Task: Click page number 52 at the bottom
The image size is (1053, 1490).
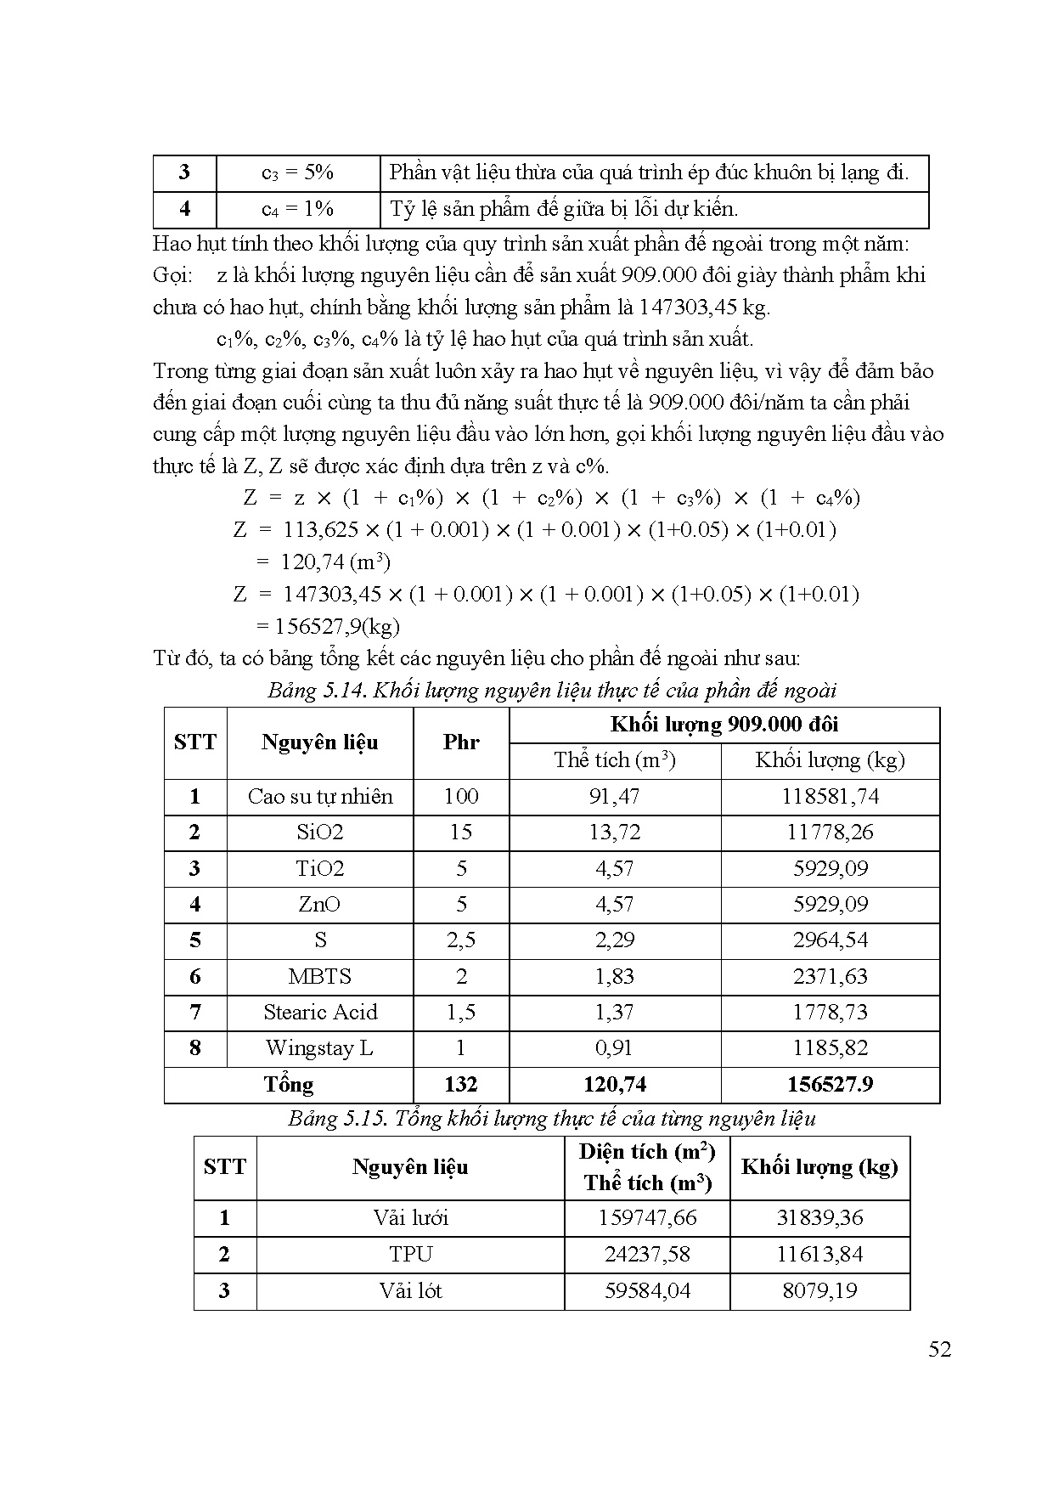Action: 939,1349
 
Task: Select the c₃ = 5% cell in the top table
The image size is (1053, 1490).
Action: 297,173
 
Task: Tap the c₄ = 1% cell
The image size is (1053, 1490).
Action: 297,209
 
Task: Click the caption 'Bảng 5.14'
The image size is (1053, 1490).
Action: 552,690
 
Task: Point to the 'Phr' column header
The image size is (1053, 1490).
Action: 461,742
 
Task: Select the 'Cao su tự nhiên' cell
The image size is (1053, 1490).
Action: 320,797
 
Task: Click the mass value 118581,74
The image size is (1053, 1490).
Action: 830,797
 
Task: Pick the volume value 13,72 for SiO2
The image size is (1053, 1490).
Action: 614,832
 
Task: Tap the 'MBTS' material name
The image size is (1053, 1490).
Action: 320,976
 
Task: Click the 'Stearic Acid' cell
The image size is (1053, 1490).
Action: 320,1012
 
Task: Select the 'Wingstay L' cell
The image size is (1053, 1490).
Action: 320,1047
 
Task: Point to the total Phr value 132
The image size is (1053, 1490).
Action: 461,1084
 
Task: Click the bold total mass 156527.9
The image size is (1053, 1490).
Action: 830,1084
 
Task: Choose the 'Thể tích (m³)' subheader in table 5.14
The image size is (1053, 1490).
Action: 614,760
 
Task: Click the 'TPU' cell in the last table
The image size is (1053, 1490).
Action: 410,1254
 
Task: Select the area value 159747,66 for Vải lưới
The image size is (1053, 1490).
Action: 647,1217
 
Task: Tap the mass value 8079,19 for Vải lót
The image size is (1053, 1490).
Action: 819,1290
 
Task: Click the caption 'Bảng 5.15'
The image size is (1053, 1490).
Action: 552,1118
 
